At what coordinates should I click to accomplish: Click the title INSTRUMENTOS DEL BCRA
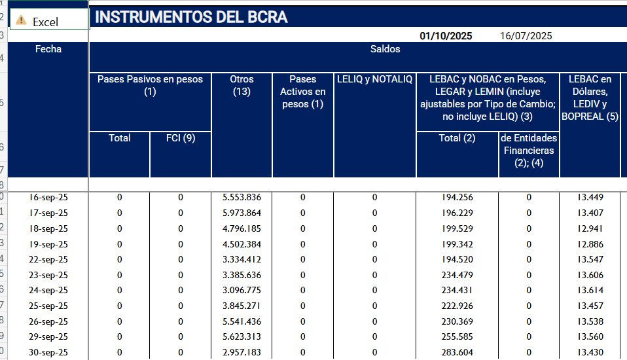192,18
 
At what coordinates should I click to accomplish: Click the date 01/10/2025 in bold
446,36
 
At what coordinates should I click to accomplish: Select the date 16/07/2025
526,36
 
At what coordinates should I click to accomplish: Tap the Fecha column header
48,49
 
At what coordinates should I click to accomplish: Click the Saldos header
385,49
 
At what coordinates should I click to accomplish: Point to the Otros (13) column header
242,85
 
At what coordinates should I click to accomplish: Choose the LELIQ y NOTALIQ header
375,79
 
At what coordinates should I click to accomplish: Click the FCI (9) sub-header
180,138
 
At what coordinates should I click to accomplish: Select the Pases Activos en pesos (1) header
303,92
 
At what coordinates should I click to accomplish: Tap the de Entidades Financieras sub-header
529,151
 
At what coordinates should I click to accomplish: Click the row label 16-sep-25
48,197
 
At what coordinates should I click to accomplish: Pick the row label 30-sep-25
48,353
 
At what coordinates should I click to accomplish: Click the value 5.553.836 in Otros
242,197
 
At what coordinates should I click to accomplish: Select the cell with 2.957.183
242,353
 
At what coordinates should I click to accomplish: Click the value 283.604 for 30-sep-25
457,353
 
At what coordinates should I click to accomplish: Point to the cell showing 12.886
590,244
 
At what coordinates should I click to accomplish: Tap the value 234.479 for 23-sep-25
457,275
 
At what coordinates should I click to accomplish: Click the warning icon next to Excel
21,21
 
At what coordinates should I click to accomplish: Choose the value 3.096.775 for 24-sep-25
242,291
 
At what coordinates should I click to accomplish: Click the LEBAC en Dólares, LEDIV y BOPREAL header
590,98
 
